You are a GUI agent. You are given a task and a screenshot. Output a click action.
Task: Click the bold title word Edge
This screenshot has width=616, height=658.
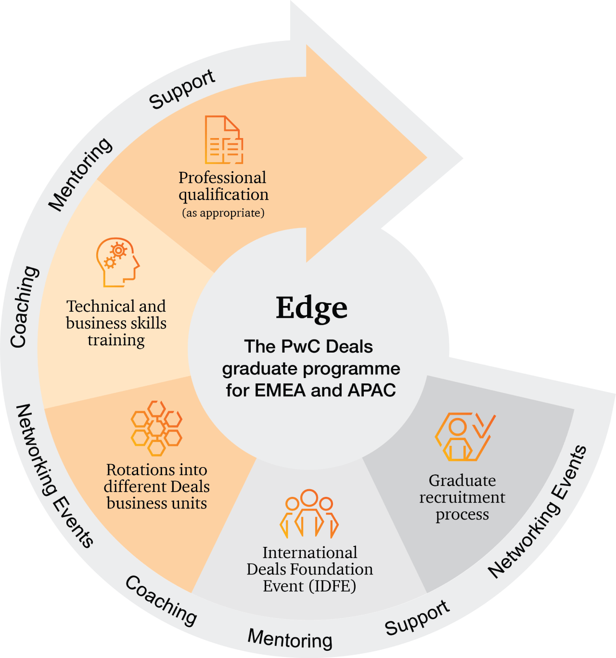311,308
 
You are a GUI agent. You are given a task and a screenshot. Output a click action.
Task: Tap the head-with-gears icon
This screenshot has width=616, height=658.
117,262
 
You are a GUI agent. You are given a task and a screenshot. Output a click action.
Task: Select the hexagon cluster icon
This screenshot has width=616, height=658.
156,428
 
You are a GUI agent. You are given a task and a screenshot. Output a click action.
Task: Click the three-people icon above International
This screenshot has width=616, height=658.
309,514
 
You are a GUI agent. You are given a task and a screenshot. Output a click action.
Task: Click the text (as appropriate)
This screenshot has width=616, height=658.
223,213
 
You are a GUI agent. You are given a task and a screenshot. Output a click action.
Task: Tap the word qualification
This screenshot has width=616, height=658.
224,195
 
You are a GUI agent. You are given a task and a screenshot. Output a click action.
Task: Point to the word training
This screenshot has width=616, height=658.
116,340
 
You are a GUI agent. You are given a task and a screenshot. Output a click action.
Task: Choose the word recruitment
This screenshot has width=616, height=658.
462,497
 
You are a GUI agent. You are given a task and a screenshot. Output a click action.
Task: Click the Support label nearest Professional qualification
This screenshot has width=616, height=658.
182,89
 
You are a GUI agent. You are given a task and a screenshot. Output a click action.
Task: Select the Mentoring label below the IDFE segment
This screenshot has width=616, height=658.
290,639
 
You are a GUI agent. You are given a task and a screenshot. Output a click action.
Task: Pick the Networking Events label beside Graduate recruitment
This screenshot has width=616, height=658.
537,512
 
